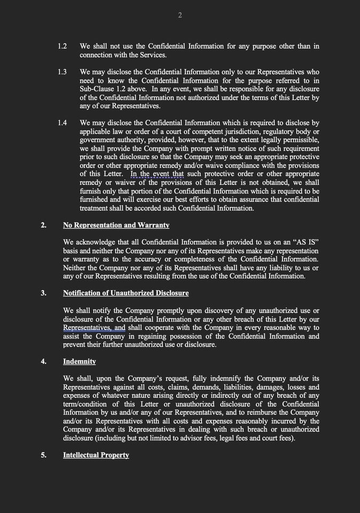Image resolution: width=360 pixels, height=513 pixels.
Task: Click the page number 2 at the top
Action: [180, 15]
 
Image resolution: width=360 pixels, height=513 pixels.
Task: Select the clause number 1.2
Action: [62, 46]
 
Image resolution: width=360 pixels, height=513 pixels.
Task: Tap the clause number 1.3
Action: [62, 72]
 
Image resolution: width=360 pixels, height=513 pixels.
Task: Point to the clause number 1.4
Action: [62, 123]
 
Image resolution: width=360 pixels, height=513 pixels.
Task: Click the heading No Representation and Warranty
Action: [116, 225]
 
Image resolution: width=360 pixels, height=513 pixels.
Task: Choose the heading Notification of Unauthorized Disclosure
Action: [126, 293]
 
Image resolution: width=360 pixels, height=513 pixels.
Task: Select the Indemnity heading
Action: [80, 361]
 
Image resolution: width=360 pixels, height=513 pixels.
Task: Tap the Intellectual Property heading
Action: [96, 455]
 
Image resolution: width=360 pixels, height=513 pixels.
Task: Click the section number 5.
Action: [44, 455]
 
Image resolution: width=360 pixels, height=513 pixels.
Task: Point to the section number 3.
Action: [44, 293]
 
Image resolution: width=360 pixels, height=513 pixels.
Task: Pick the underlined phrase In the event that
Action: [157, 174]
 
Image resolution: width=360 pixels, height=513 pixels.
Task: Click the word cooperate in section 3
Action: [161, 328]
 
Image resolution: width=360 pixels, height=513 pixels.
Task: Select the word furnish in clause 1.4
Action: [91, 191]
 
